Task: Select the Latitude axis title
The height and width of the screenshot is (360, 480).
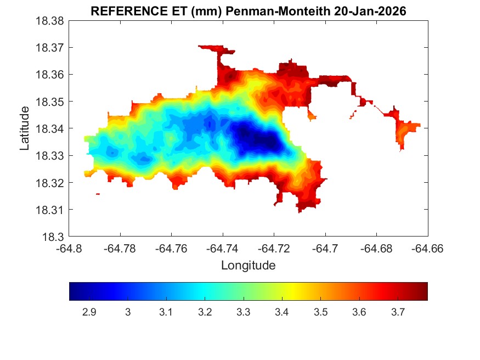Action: (x=25, y=128)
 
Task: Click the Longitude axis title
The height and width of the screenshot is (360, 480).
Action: (x=248, y=266)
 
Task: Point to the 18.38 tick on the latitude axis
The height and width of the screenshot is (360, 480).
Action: (x=50, y=21)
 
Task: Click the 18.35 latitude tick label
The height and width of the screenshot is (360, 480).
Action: (x=50, y=102)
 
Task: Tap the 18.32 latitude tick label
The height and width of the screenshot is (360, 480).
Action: (x=50, y=183)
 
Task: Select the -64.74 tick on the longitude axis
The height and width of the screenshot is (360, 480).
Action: (x=222, y=248)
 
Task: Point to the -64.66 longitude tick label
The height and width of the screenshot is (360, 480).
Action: (x=426, y=248)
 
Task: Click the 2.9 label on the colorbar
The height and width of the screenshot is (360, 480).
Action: (x=89, y=312)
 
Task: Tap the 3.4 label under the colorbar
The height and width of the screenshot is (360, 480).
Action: (x=282, y=312)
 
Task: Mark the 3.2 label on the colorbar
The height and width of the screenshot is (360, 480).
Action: (x=205, y=312)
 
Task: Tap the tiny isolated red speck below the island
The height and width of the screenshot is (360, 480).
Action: (x=98, y=194)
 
